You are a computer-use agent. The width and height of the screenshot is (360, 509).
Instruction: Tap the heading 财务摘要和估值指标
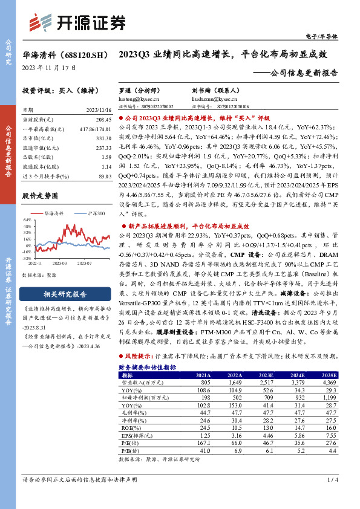(147, 367)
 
